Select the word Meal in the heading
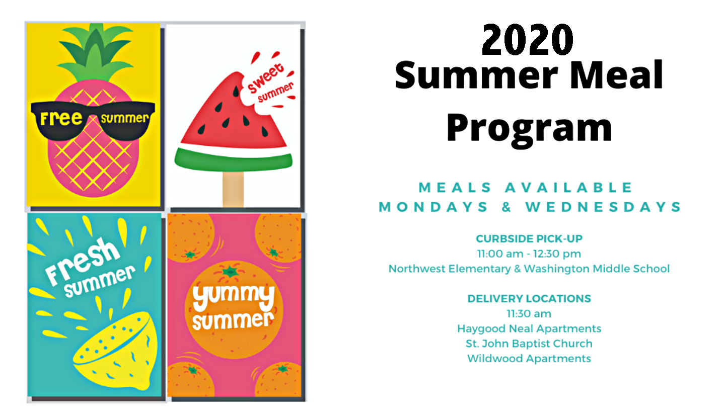point(616,75)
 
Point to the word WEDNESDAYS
point(603,207)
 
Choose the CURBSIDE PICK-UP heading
point(529,238)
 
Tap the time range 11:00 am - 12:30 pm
point(529,254)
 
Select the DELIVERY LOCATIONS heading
point(529,299)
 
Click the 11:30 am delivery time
point(529,313)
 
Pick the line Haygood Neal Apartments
point(529,328)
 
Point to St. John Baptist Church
point(529,344)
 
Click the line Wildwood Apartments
point(529,359)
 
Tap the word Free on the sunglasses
point(61,118)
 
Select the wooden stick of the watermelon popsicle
point(233,189)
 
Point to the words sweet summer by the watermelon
point(270,84)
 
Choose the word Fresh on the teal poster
point(83,261)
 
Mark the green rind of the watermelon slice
point(234,161)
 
